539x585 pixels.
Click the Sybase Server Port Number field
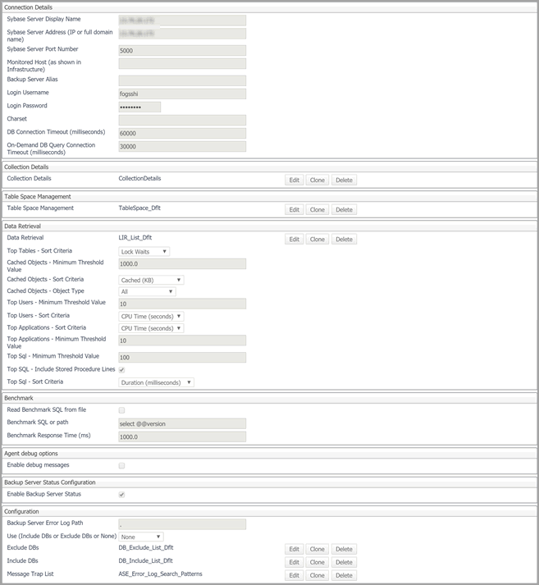point(182,50)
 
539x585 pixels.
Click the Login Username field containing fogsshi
point(182,94)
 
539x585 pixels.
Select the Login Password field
point(139,107)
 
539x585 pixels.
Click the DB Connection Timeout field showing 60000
point(182,133)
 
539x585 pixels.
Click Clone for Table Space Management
point(317,209)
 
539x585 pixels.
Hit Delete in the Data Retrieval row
point(345,239)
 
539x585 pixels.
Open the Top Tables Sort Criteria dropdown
point(144,251)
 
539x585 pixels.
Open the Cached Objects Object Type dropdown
point(147,291)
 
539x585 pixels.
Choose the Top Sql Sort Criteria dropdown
point(156,382)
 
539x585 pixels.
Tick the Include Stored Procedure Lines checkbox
point(122,370)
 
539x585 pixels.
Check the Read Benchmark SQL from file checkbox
point(122,409)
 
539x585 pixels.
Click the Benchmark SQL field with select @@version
point(182,423)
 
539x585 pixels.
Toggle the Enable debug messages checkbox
point(122,465)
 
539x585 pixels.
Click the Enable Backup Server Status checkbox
point(122,495)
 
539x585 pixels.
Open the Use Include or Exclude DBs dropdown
point(141,537)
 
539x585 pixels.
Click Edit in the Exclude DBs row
point(294,549)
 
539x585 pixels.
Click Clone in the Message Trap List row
point(317,575)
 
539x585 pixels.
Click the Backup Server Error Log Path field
point(182,523)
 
